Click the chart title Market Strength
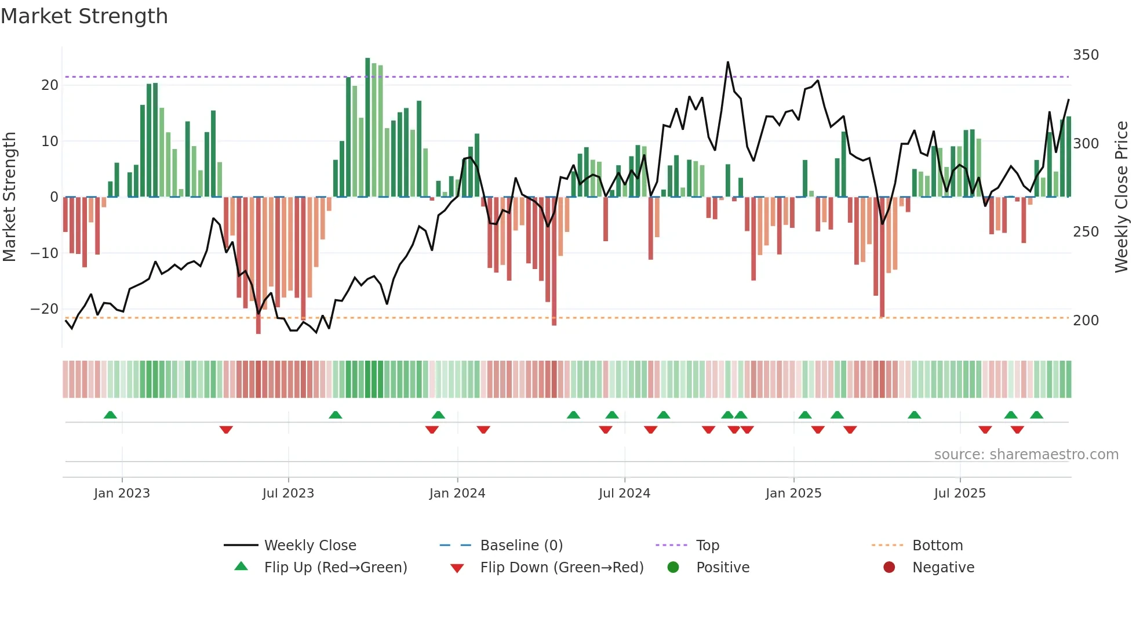tap(84, 16)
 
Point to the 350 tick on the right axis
tap(1086, 55)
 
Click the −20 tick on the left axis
tap(45, 309)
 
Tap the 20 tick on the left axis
tap(50, 85)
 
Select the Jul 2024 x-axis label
tap(624, 493)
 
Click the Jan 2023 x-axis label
tap(122, 493)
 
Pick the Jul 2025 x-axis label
tap(959, 493)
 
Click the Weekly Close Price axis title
tap(1122, 197)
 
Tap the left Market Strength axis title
tap(10, 197)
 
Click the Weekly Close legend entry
tap(310, 546)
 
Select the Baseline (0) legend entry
tap(521, 546)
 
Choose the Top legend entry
tap(707, 546)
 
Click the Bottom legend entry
tap(937, 546)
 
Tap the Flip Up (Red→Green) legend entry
tap(336, 568)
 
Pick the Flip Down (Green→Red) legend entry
tap(562, 568)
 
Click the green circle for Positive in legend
tap(673, 567)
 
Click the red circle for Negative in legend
tap(889, 567)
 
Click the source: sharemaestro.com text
tap(1026, 455)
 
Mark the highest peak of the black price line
tap(728, 62)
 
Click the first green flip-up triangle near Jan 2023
tap(110, 415)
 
